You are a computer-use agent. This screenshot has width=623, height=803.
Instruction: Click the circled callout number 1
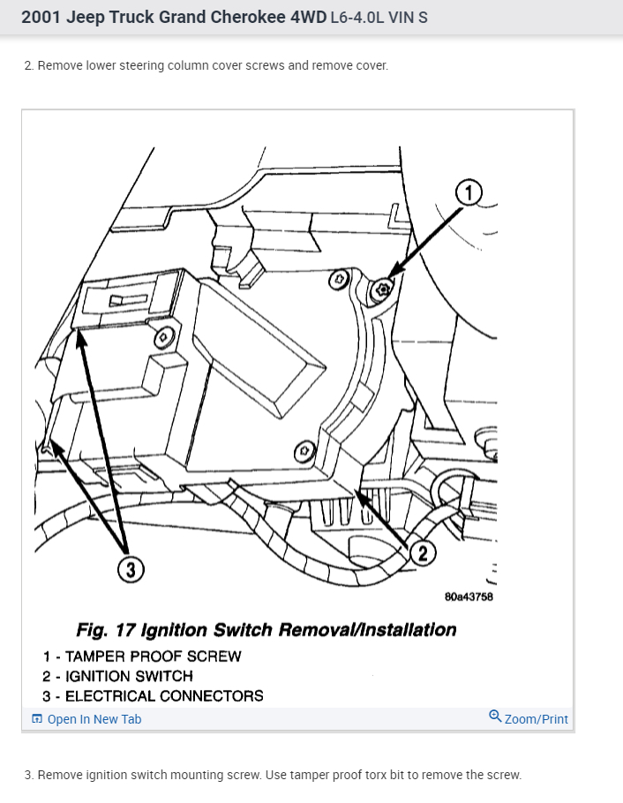click(469, 191)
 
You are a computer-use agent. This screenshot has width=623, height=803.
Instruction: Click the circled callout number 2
click(423, 553)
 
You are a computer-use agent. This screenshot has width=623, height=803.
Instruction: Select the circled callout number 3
click(131, 570)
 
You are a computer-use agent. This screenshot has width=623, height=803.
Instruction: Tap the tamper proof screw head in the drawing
click(382, 289)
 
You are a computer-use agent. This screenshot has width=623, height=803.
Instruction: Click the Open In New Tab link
click(94, 719)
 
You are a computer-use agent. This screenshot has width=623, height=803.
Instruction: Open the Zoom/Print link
click(536, 719)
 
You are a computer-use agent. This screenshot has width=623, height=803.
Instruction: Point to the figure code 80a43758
click(469, 597)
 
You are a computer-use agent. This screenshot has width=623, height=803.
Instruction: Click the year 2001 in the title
click(40, 17)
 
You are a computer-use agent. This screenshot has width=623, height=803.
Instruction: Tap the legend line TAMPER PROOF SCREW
click(153, 657)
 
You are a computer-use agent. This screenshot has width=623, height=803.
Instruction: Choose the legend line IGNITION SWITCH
click(129, 676)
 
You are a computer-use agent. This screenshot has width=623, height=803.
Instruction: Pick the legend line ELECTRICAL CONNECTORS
click(164, 695)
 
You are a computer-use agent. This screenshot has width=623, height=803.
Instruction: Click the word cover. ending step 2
click(370, 65)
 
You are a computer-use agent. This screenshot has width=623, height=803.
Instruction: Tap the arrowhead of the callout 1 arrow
click(390, 275)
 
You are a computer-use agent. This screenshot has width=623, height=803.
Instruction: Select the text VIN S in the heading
click(410, 18)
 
